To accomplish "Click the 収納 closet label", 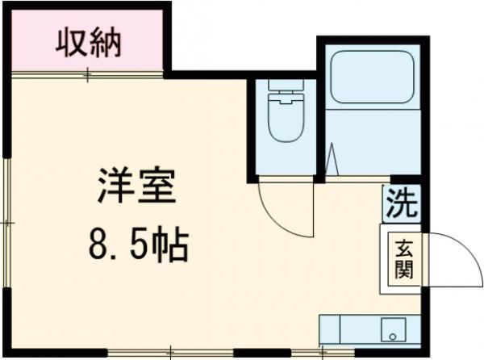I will [88, 43].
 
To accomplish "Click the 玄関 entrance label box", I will [402, 257].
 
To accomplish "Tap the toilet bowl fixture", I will [283, 113].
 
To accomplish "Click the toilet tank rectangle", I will [283, 90].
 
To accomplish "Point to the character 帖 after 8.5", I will [173, 241].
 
